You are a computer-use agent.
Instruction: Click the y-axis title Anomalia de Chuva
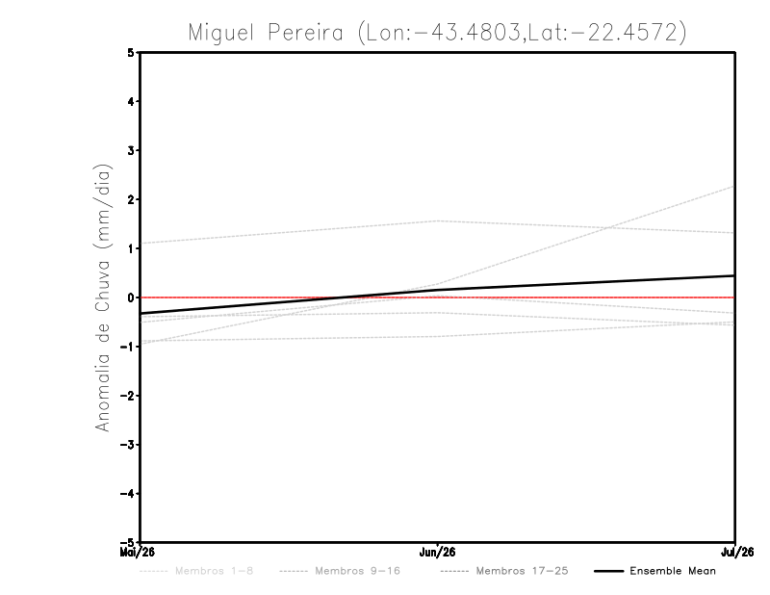(x=103, y=297)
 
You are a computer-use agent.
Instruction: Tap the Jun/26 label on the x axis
(x=438, y=553)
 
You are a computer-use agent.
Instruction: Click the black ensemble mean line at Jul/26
(x=733, y=275)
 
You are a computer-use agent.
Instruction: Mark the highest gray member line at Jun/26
(x=438, y=221)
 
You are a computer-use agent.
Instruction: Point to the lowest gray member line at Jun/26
(x=438, y=336)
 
